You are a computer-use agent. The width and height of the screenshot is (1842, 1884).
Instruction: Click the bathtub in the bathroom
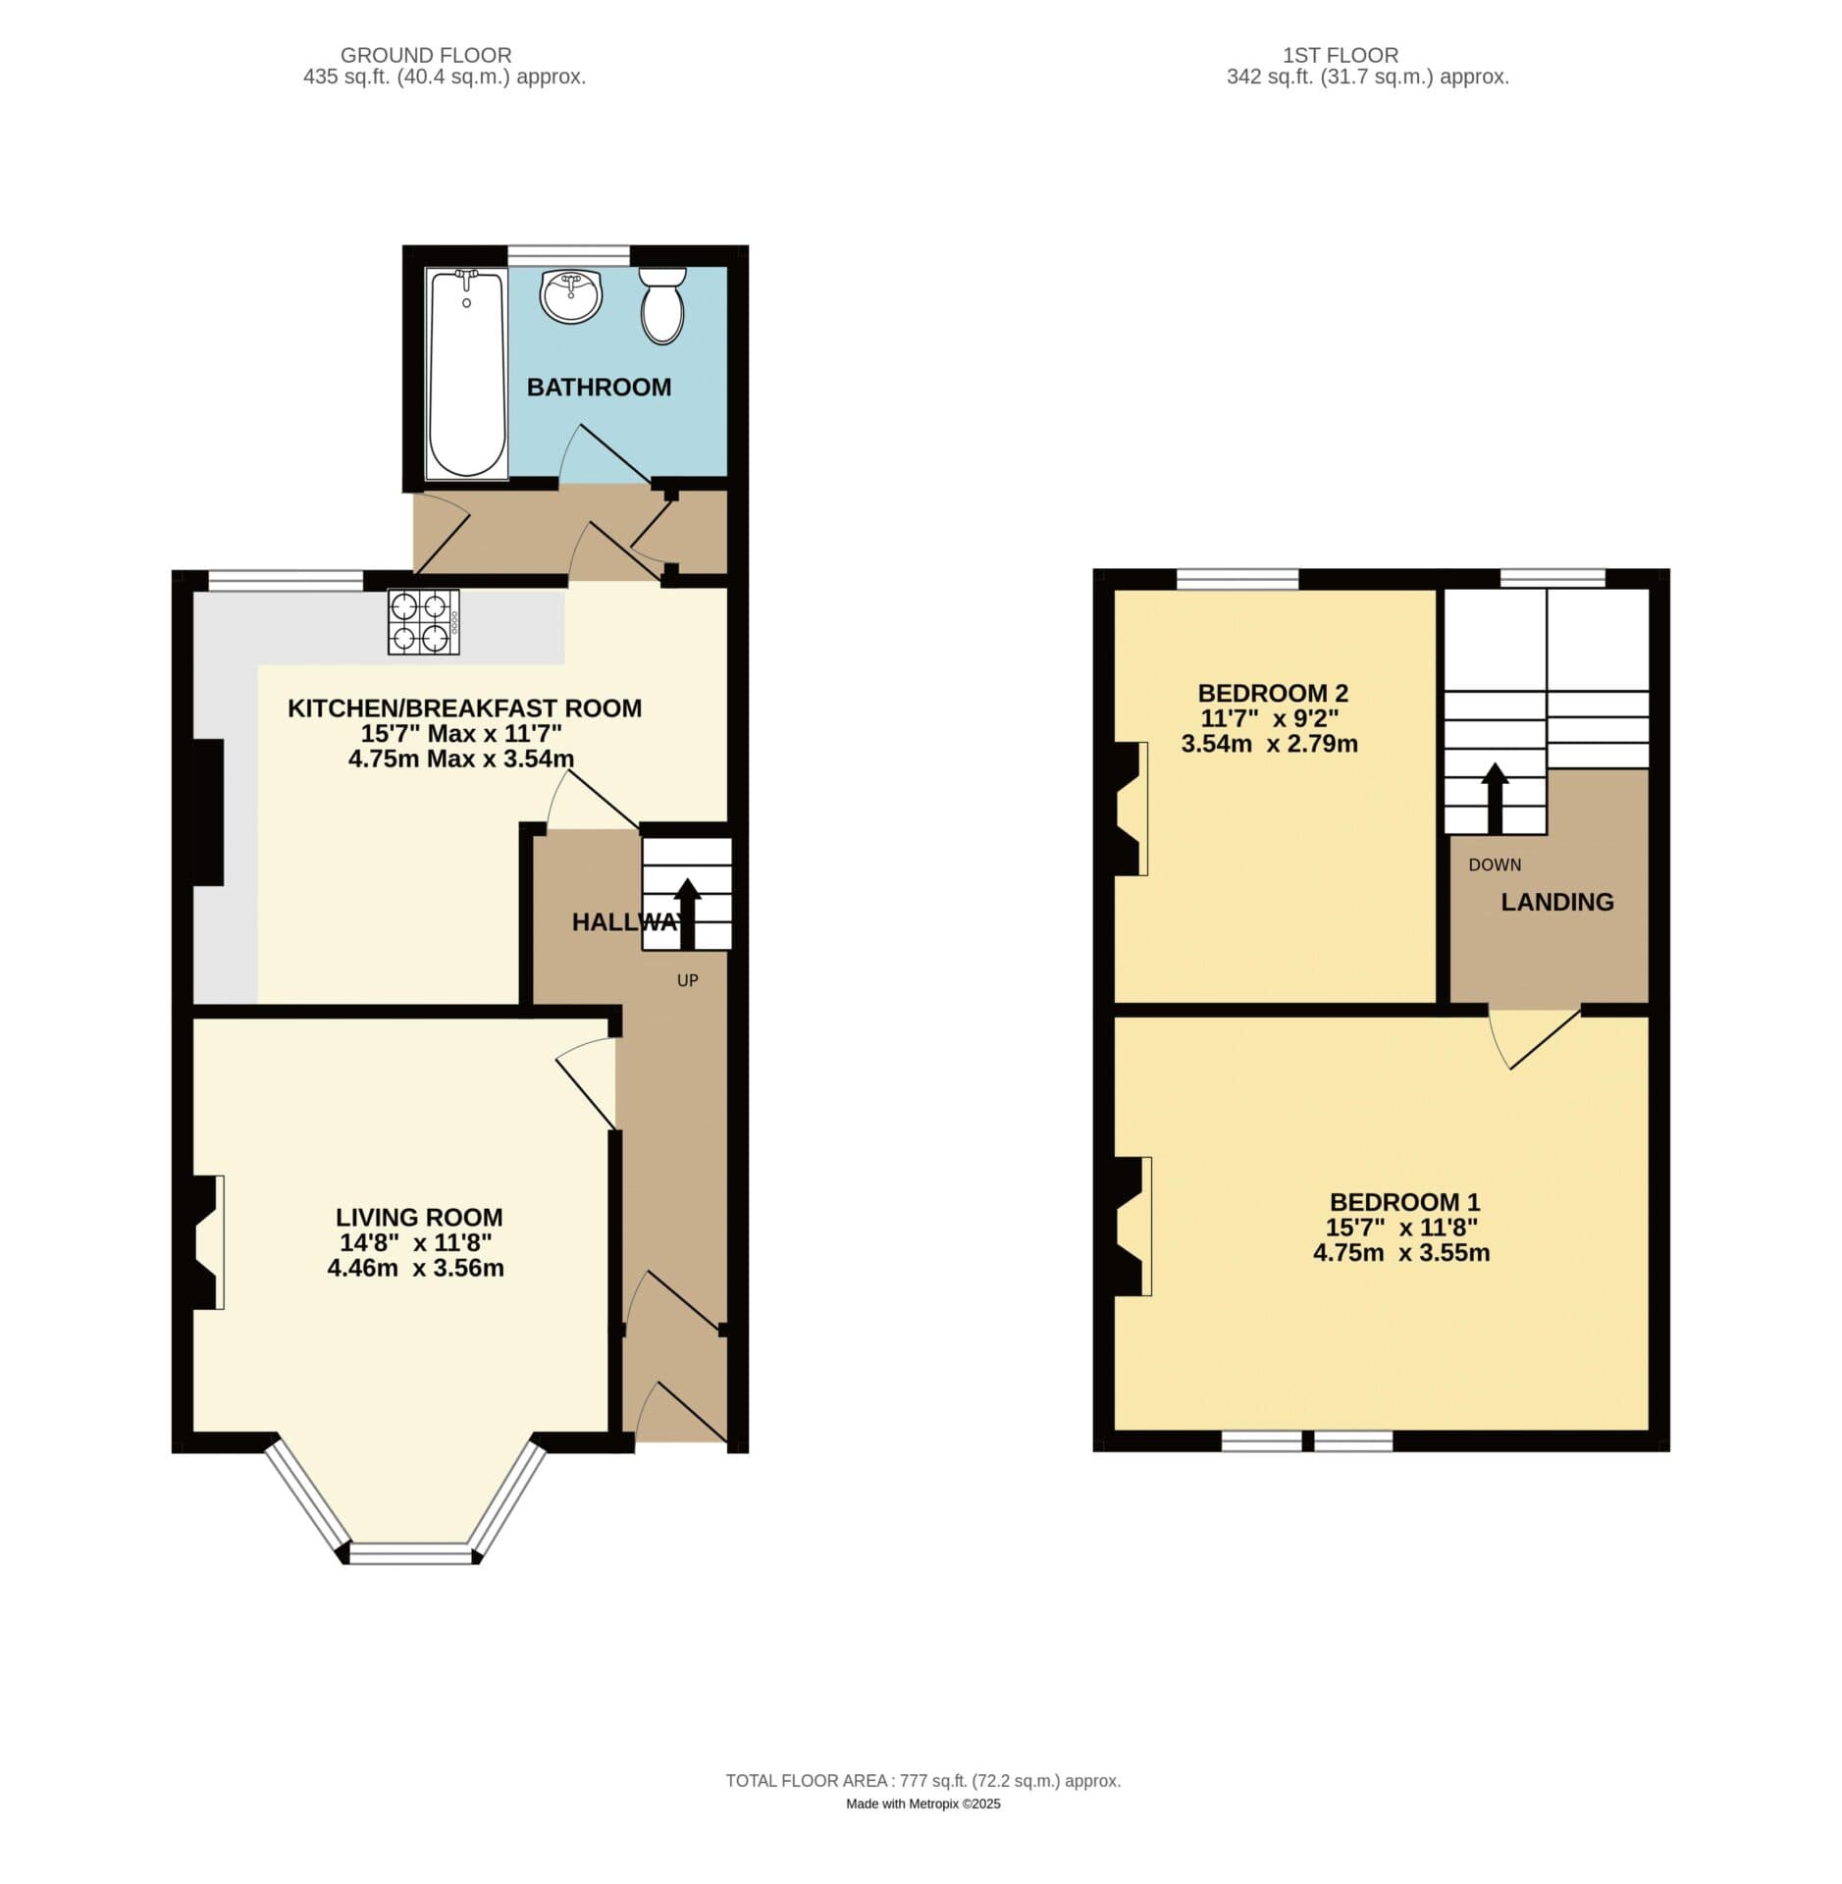[x=466, y=373]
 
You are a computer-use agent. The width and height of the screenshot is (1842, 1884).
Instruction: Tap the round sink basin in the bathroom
[x=570, y=295]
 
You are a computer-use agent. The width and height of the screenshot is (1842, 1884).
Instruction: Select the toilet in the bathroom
[x=662, y=304]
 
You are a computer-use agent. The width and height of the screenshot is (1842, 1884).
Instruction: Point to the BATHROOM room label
[x=599, y=388]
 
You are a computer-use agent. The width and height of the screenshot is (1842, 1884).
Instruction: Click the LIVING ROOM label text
[x=419, y=1218]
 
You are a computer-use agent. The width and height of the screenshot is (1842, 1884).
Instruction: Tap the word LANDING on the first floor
[x=1556, y=902]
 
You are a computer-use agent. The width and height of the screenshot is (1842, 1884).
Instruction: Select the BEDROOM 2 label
[x=1273, y=693]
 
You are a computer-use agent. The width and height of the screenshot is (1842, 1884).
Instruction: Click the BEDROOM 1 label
[x=1404, y=1202]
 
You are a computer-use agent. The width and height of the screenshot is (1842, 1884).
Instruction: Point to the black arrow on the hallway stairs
[x=687, y=914]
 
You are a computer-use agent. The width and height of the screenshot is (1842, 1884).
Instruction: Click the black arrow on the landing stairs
[x=1495, y=799]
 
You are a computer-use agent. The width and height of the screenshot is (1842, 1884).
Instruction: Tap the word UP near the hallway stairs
[x=687, y=980]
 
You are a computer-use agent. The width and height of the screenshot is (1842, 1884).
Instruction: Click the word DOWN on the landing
[x=1495, y=864]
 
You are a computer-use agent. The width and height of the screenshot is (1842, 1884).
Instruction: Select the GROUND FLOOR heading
[x=426, y=56]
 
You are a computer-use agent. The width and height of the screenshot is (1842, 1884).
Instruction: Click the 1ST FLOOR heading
[x=1341, y=56]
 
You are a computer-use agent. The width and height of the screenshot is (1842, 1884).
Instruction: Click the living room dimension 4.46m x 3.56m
[x=416, y=1268]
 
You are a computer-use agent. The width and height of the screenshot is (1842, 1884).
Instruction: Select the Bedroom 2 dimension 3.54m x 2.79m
[x=1270, y=744]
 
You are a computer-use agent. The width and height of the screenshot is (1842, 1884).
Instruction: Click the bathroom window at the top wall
[x=569, y=255]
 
